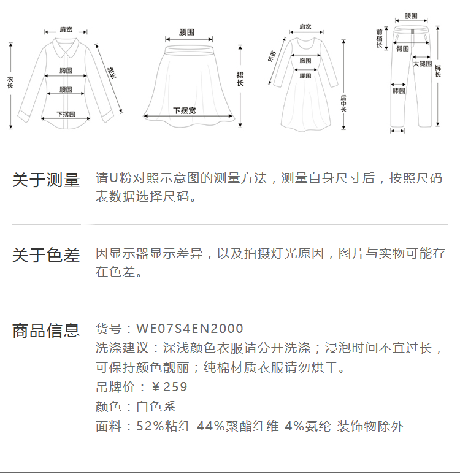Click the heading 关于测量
[x=46, y=180]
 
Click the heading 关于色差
[x=46, y=255]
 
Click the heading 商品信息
[x=46, y=331]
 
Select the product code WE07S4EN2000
[x=190, y=329]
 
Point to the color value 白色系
[x=156, y=407]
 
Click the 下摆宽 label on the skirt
[x=185, y=111]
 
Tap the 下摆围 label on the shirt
[x=66, y=114]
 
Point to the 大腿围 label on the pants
[x=422, y=64]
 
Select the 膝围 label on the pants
[x=399, y=91]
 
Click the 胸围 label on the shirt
[x=66, y=71]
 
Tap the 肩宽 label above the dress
[x=305, y=27]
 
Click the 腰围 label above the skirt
[x=186, y=31]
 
